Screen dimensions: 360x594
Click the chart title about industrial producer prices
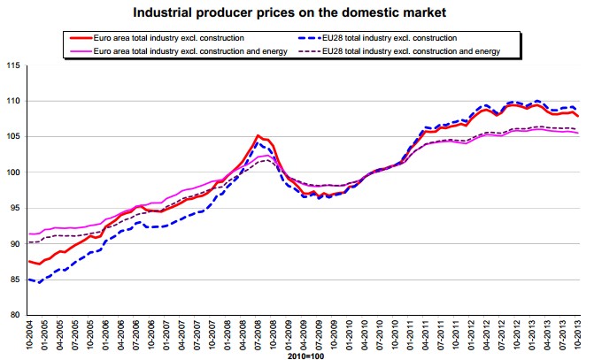[297, 13]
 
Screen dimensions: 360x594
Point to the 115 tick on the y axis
[13, 66]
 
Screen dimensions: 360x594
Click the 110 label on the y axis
[13, 102]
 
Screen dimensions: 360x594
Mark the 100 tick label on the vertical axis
[13, 172]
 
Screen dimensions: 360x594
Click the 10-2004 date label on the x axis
[29, 337]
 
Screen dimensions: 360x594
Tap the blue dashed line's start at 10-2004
[30, 280]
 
